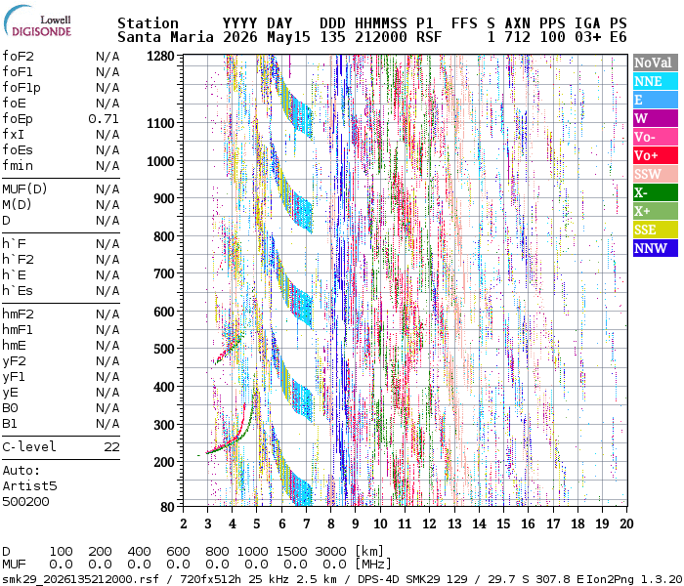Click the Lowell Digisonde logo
click(x=37, y=21)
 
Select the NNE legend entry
click(x=656, y=81)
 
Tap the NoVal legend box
click(x=656, y=63)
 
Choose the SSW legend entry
click(x=656, y=174)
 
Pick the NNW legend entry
click(x=656, y=248)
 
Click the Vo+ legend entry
click(x=656, y=155)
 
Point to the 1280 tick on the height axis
click(x=160, y=57)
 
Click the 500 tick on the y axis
click(x=164, y=349)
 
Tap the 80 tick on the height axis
click(x=167, y=507)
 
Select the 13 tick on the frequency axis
click(x=454, y=523)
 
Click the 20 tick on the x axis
click(x=626, y=523)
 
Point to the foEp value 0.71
click(x=104, y=118)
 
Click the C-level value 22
click(x=111, y=447)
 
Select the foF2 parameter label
click(x=18, y=57)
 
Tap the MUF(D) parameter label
click(x=24, y=189)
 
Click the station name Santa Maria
click(x=165, y=37)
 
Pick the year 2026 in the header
click(x=240, y=37)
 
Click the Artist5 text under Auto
click(x=29, y=485)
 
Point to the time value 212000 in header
click(x=381, y=37)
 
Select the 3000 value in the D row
click(x=330, y=551)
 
